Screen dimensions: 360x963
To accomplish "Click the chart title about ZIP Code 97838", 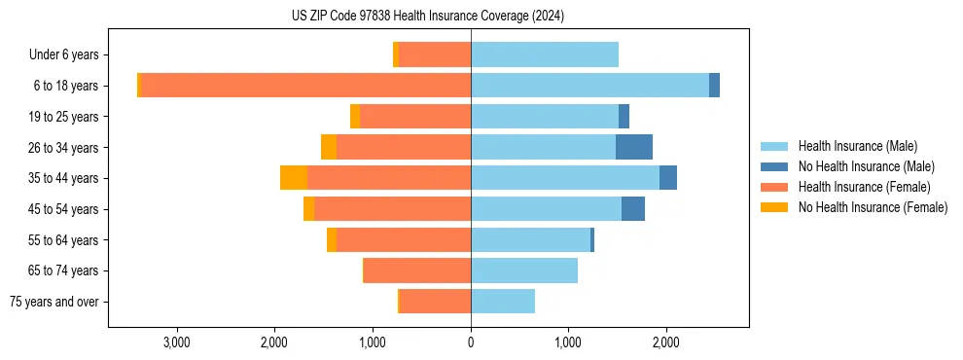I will [x=427, y=16].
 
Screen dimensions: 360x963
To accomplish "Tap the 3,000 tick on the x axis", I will [x=177, y=342].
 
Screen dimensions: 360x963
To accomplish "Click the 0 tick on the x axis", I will [x=471, y=342].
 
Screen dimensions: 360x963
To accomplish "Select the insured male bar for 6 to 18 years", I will [x=589, y=86].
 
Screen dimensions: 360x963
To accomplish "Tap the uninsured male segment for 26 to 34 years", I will [x=634, y=147].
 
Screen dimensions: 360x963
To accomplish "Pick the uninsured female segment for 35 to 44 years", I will [x=294, y=178].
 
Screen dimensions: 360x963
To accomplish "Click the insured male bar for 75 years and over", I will [x=503, y=302].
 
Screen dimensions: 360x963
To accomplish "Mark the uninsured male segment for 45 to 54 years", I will [x=633, y=209].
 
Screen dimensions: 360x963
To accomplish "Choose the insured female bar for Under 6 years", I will [x=435, y=55].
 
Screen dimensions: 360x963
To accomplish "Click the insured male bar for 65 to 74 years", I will [x=524, y=270].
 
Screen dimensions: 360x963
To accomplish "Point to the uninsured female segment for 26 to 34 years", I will [x=329, y=147].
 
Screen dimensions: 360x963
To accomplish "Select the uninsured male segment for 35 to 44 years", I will [x=668, y=178].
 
